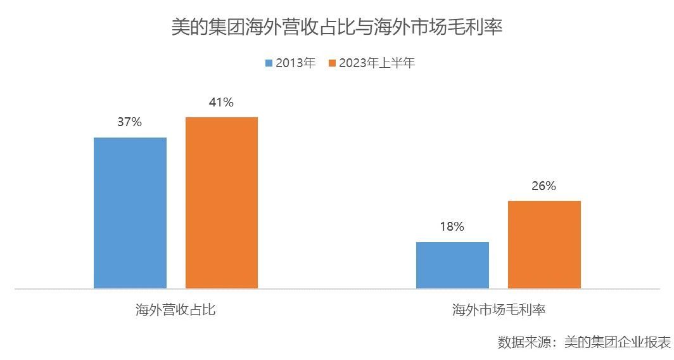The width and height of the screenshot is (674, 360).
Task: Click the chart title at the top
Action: coord(336,27)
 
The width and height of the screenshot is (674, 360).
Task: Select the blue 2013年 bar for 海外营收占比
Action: coord(130,213)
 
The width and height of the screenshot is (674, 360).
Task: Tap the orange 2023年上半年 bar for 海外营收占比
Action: coord(222,203)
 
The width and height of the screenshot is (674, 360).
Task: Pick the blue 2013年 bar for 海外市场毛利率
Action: coord(452,265)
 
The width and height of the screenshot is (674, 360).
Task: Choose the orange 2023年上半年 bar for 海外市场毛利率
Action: coord(544,245)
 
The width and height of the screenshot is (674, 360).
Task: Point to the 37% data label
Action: coord(129,122)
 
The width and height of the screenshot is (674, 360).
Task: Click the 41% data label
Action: coord(221,102)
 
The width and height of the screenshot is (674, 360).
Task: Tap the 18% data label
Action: coord(452,226)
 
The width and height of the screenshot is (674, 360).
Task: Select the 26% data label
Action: coord(544,186)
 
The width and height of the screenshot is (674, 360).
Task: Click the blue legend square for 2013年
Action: coord(269,63)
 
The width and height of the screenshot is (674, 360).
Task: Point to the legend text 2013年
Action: coord(295,63)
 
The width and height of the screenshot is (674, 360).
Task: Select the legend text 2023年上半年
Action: coord(377,63)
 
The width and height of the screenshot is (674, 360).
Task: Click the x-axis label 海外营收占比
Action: coord(175,310)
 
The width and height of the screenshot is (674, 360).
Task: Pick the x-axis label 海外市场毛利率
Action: coord(499,310)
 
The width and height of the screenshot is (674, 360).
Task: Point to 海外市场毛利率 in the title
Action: coord(438,27)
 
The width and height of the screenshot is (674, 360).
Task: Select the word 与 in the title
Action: coord(364,27)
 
